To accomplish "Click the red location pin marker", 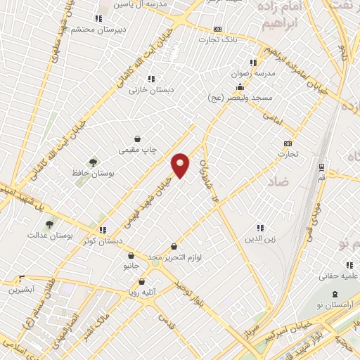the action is coord(181,165).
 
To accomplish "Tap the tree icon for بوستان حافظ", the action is coord(92,162).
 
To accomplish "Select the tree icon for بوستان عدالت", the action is coord(49,224).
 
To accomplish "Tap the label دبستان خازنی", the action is coord(157,89).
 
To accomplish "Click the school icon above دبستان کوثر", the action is coord(103,229).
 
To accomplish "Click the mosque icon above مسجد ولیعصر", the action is coord(240,87).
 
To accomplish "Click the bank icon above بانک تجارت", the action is coord(218,29).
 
